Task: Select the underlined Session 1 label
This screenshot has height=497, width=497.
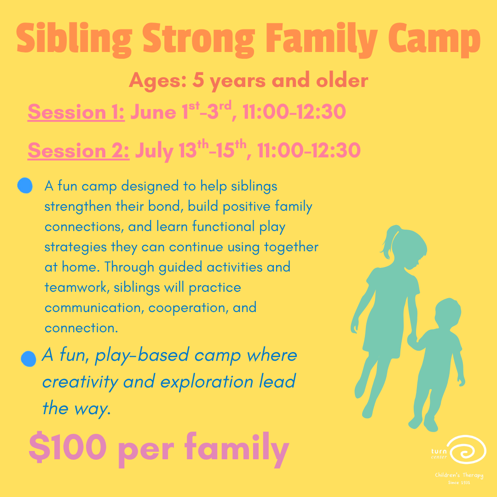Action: click(76, 113)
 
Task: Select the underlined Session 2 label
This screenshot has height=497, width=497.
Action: click(78, 151)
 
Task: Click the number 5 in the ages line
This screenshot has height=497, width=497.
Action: click(198, 81)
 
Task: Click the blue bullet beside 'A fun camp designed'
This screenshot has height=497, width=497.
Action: click(25, 186)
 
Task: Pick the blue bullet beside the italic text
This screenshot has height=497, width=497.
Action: click(29, 358)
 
